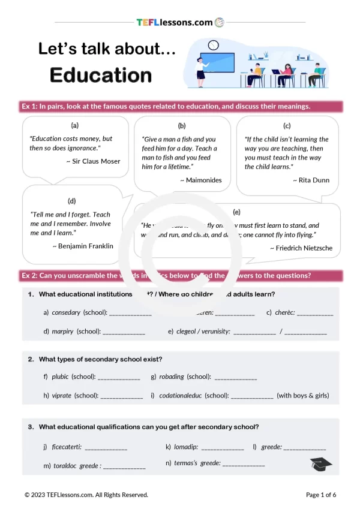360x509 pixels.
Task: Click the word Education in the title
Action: pos(101,75)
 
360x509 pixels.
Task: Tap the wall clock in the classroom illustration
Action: pos(213,45)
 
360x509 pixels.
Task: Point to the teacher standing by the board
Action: pos(201,71)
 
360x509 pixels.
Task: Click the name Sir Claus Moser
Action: pos(93,161)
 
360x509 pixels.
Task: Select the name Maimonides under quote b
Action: pos(200,180)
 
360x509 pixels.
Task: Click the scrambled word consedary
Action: pos(66,312)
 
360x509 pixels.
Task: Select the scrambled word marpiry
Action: pos(63,331)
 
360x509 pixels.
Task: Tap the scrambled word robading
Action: pos(172,377)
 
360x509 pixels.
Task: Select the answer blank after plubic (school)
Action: pos(118,378)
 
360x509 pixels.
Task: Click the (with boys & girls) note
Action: pos(302,396)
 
